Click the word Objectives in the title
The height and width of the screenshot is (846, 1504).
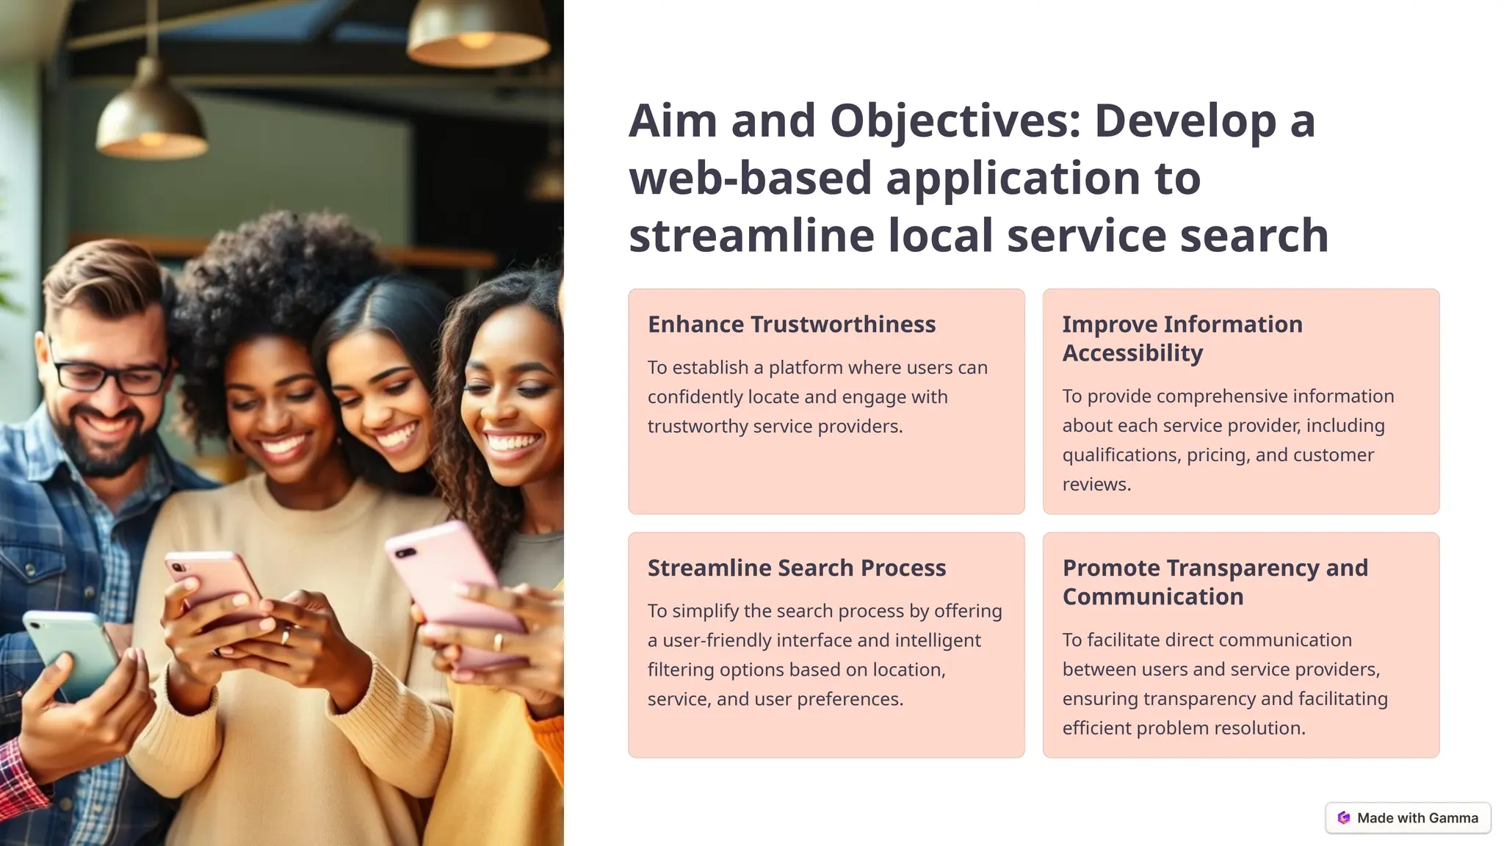(x=955, y=121)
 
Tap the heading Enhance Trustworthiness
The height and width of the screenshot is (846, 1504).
(x=791, y=325)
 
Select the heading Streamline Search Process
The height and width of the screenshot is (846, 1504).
(x=796, y=568)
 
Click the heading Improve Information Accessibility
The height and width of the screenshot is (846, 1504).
(x=1182, y=339)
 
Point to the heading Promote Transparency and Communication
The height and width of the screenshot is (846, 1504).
(x=1215, y=582)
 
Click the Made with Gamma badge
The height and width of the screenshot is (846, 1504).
(x=1408, y=818)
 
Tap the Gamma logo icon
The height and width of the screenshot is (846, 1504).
(x=1344, y=818)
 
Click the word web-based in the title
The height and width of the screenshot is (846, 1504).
(x=750, y=178)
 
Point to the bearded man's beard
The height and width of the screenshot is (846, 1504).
(x=103, y=448)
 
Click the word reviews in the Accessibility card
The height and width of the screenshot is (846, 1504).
(x=1095, y=485)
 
